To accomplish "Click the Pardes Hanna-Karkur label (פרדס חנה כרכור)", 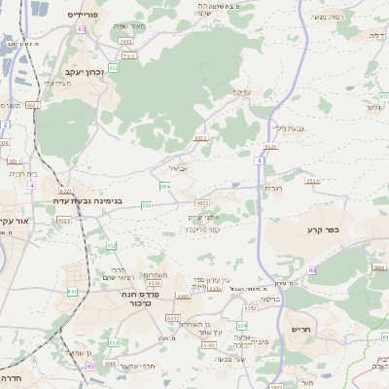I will pyautogui.click(x=138, y=298).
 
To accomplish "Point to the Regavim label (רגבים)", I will pyautogui.click(x=272, y=188).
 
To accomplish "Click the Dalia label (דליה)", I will pyautogui.click(x=376, y=34).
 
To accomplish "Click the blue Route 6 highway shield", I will pyautogui.click(x=262, y=159).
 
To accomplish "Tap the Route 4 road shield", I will pyautogui.click(x=5, y=125).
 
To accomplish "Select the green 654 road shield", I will pyautogui.click(x=165, y=185).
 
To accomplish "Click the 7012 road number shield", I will pyautogui.click(x=125, y=43).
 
